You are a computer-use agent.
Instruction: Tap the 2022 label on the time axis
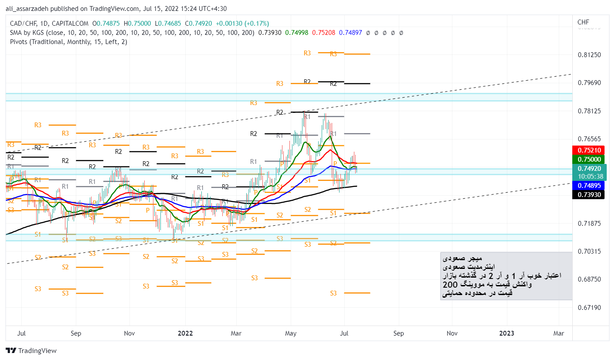click(185, 333)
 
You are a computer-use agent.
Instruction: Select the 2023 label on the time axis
click(506, 333)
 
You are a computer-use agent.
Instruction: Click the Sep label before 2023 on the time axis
click(398, 333)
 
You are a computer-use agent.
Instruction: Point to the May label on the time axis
click(291, 333)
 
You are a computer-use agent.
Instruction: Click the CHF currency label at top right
click(583, 22)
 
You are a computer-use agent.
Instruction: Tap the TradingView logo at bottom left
click(31, 350)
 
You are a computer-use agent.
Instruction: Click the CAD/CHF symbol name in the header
click(22, 24)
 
